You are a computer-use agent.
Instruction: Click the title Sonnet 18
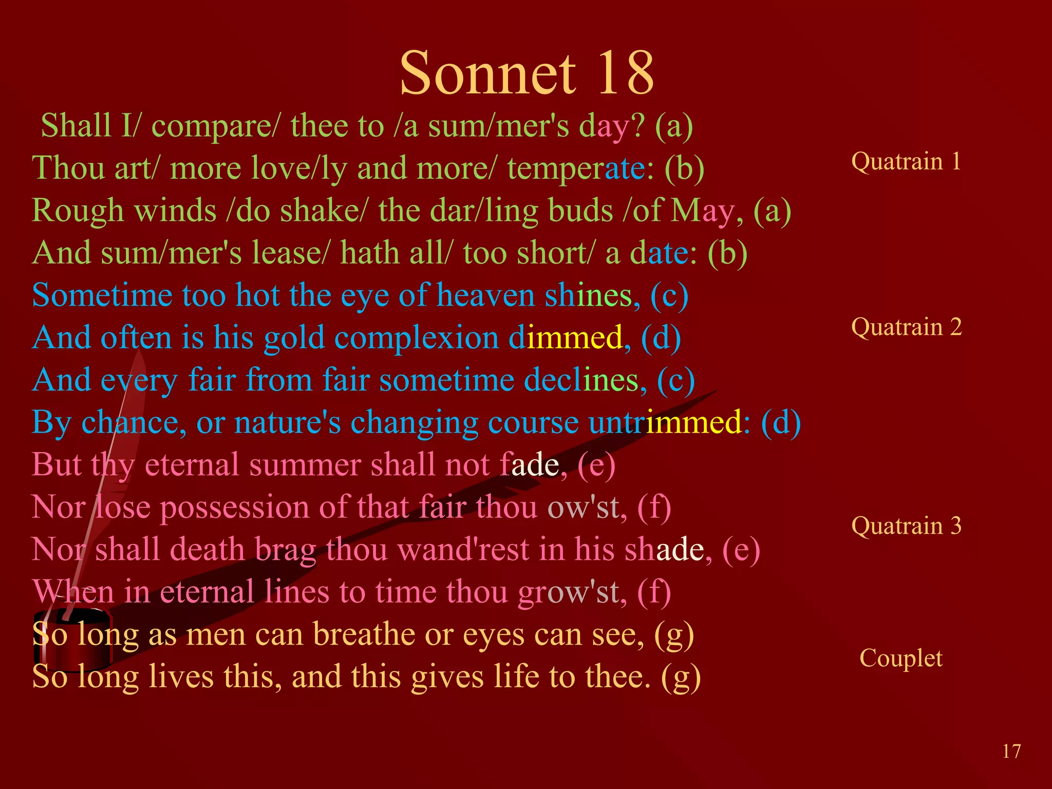coord(527,73)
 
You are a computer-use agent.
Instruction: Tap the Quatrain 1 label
coord(906,161)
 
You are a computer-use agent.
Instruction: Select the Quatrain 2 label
coord(906,327)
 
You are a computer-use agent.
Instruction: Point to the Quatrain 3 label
coord(906,525)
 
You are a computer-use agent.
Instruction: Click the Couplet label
coord(901,658)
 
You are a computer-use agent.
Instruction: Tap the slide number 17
coord(1011,752)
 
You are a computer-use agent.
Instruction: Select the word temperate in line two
coord(577,168)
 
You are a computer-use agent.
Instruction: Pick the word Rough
coord(78,211)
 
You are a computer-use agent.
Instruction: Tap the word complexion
coord(417,338)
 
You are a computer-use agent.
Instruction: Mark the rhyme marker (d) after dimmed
coord(661,338)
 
